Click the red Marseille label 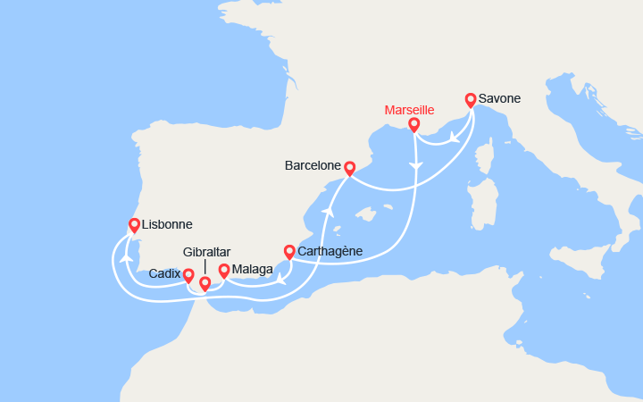[409, 110]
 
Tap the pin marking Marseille [413, 124]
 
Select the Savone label [500, 98]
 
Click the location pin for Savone [471, 99]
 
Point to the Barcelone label [312, 165]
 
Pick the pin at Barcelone [349, 167]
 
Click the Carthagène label [330, 251]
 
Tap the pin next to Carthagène [289, 251]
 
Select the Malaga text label [252, 269]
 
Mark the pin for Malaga [223, 269]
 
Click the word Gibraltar [207, 252]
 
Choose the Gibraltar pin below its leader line [205, 283]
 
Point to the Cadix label [165, 273]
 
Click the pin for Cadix [188, 275]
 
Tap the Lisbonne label [167, 225]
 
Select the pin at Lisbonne [134, 225]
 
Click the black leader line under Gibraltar [205, 266]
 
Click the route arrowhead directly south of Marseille [414, 167]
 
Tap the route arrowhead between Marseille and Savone [455, 138]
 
